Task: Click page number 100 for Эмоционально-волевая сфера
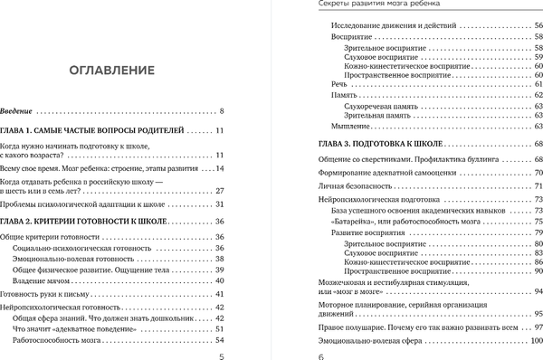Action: click(531, 341)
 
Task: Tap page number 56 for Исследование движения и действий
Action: click(534, 26)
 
